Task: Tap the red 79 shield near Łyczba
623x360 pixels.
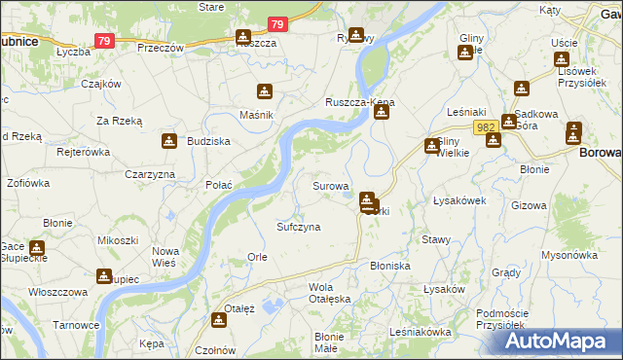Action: [105, 41]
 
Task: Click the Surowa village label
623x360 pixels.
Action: [330, 185]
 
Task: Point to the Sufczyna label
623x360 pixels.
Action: [298, 226]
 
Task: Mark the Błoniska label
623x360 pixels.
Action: [390, 265]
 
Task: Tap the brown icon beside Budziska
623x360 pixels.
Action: [169, 140]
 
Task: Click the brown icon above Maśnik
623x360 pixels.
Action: [264, 92]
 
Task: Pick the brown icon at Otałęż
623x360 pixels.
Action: [219, 319]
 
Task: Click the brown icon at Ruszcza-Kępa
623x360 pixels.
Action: [381, 112]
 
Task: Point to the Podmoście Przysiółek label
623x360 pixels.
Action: [508, 320]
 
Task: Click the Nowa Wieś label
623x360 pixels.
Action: [165, 256]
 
